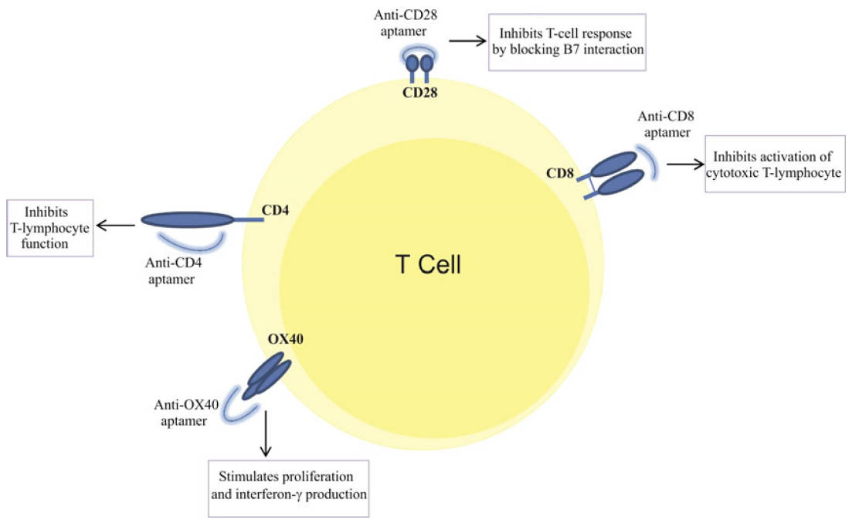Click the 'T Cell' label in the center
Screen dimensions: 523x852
coord(428,265)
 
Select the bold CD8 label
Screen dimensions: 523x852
coord(559,174)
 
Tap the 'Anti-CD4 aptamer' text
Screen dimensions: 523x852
coord(170,270)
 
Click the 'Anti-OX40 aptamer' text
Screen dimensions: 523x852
coord(182,414)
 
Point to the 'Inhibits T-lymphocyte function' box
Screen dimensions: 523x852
coord(50,228)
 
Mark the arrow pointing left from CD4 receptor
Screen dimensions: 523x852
coord(115,225)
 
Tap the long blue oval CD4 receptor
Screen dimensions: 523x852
coord(186,220)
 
